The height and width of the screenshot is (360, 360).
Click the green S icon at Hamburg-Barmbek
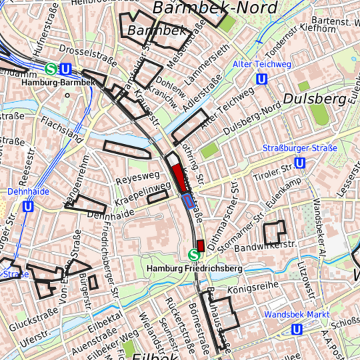[x=51, y=68]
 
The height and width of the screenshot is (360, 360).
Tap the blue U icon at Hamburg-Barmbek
[x=66, y=69]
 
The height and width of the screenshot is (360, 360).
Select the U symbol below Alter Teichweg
[x=262, y=79]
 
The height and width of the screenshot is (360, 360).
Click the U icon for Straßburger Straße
[x=300, y=163]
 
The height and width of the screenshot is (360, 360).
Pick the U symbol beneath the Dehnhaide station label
[x=28, y=207]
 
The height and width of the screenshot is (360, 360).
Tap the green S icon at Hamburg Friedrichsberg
[x=194, y=254]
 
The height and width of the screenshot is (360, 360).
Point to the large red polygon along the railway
[x=178, y=175]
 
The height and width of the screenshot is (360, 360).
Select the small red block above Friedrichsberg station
[x=200, y=245]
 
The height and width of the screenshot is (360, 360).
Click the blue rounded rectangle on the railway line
[x=189, y=201]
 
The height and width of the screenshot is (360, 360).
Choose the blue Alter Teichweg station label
[x=262, y=64]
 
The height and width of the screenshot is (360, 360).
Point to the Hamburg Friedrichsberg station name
[x=194, y=267]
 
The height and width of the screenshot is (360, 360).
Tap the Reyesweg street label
[x=138, y=178]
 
